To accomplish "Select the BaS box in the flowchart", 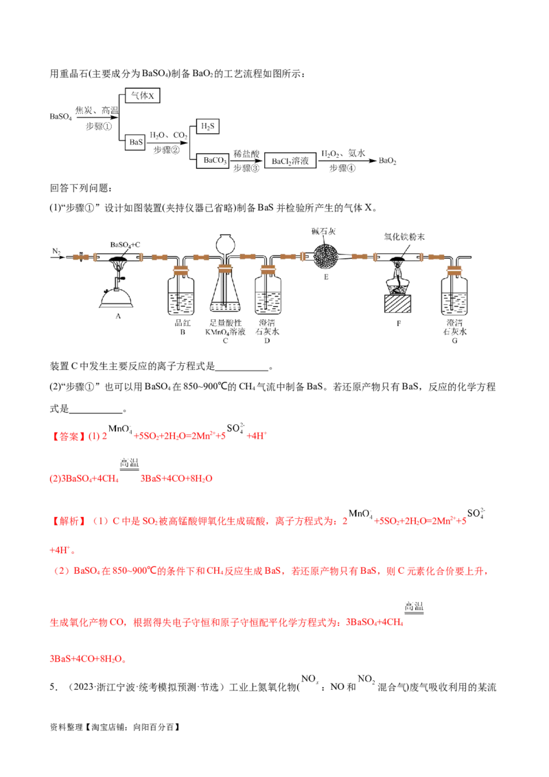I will coord(136,142).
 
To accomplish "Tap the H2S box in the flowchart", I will coord(207,126).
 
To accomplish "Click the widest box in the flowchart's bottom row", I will coord(290,161).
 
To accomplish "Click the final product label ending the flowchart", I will coord(388,161).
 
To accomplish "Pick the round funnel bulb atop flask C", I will coord(224,243).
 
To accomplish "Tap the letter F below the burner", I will coord(397,320).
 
